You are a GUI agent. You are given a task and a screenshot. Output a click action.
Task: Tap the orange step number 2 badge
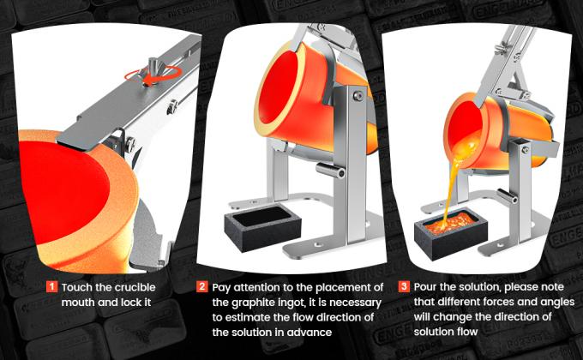(202, 286)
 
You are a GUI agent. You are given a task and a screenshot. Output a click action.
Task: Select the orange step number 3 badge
(404, 286)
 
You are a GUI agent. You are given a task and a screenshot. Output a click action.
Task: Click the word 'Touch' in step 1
(80, 286)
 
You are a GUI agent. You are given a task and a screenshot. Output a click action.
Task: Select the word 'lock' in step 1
(142, 302)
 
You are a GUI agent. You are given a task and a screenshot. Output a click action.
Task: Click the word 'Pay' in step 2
(223, 286)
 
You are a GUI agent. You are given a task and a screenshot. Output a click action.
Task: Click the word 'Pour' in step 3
(426, 286)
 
